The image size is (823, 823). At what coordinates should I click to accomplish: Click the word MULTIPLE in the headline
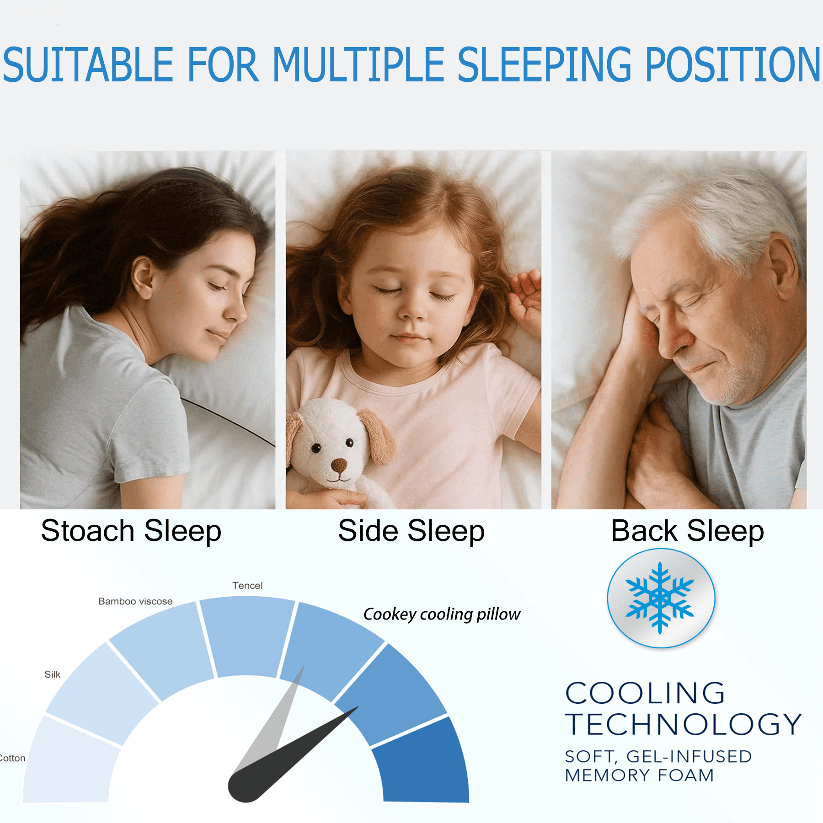(359, 64)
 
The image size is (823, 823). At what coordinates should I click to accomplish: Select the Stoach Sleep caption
(131, 531)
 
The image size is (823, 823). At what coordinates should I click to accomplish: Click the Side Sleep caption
(411, 531)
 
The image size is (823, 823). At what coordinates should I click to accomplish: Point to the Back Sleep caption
(687, 531)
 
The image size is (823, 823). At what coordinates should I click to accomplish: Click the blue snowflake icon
(660, 598)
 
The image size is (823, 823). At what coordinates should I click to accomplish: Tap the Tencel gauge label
(247, 586)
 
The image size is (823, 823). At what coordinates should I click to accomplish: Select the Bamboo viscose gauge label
(135, 601)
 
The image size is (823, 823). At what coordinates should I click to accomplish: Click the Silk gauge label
(53, 674)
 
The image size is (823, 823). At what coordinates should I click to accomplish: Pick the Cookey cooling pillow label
(442, 615)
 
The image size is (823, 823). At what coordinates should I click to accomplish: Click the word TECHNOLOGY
(684, 724)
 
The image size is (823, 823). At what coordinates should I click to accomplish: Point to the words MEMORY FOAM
(639, 775)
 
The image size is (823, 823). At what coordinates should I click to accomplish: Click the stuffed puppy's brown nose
(339, 466)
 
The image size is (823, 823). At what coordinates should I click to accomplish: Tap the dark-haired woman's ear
(143, 277)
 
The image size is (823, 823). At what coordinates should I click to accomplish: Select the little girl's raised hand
(526, 299)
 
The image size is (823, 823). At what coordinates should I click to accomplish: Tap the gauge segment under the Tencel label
(247, 636)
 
